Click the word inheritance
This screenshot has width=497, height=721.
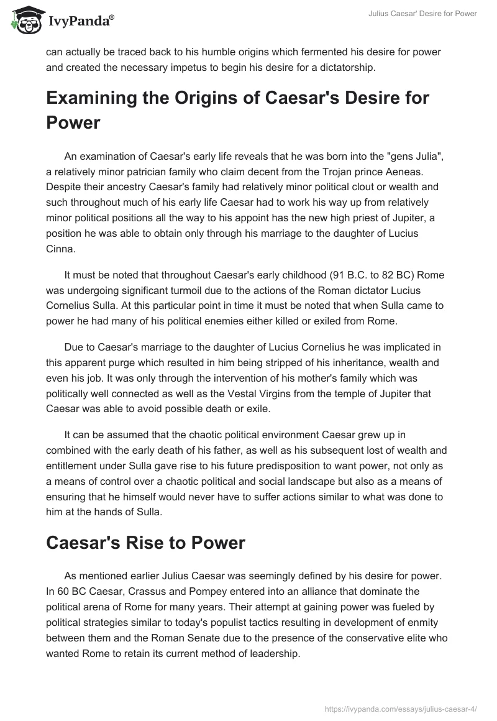coord(358,364)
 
